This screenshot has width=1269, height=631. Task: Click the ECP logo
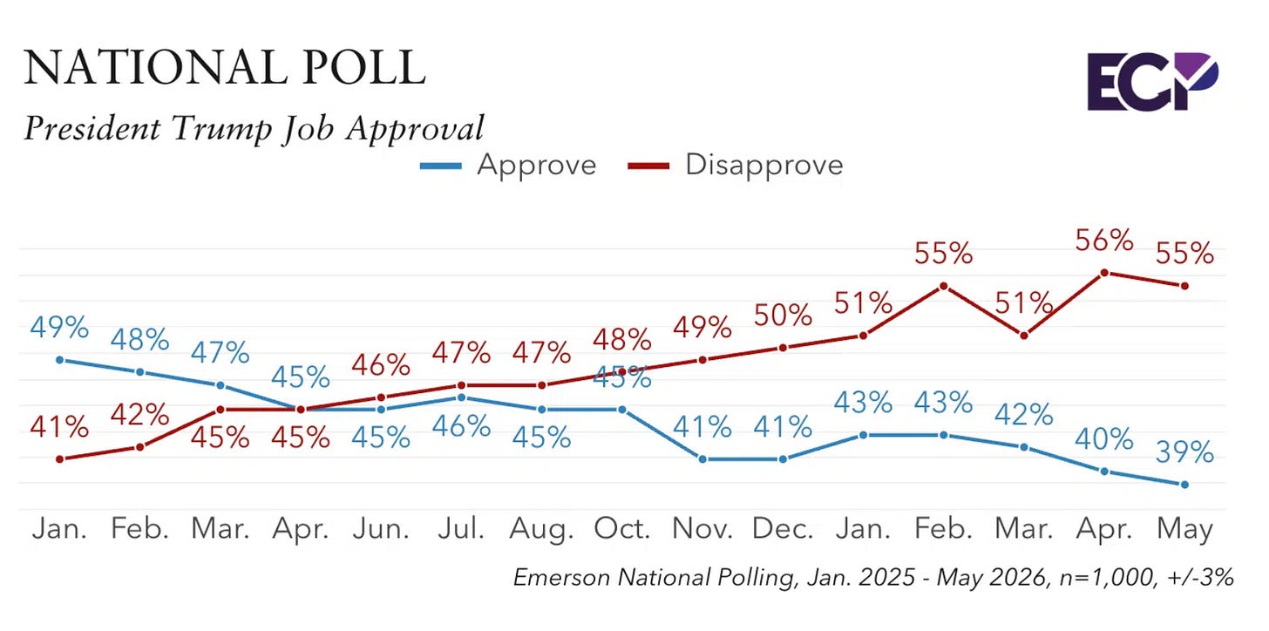click(x=1152, y=82)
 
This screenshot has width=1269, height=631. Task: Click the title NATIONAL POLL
click(x=224, y=67)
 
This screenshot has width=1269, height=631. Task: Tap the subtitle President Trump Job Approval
click(x=254, y=129)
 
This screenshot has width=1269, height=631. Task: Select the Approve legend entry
click(x=508, y=166)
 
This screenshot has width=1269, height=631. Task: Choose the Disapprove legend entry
click(x=736, y=166)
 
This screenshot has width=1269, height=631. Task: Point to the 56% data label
click(x=1104, y=241)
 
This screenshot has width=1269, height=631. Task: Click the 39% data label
click(x=1184, y=452)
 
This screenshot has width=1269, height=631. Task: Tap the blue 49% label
click(x=59, y=328)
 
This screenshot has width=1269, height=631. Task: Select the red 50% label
click(x=783, y=315)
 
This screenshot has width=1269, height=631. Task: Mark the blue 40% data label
click(x=1104, y=439)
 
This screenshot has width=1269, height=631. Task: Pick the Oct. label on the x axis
click(x=622, y=529)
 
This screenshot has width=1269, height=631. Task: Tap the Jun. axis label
click(x=381, y=529)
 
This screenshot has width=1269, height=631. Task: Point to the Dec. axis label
click(x=783, y=529)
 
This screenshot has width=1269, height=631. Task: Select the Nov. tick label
click(x=702, y=529)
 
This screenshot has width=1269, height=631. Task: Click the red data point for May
click(x=1184, y=286)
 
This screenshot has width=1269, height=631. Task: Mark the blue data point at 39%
click(x=1184, y=485)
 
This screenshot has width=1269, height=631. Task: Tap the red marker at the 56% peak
click(x=1104, y=273)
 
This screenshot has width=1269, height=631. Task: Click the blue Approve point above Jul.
click(x=461, y=397)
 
